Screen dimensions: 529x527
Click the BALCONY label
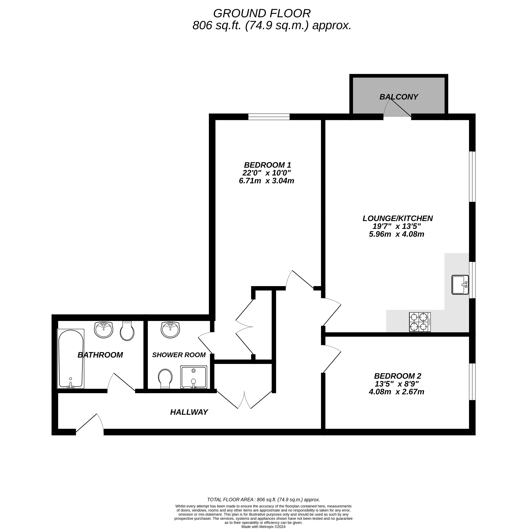(398, 97)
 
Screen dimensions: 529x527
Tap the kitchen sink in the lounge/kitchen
(460, 285)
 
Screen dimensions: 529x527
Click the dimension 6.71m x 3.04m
(267, 181)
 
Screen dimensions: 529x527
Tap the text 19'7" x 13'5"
(396, 226)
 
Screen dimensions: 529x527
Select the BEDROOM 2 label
(398, 376)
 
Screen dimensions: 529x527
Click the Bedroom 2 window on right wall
(472, 382)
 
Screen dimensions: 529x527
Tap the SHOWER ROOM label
(179, 355)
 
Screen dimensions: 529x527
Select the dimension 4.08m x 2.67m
(396, 392)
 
